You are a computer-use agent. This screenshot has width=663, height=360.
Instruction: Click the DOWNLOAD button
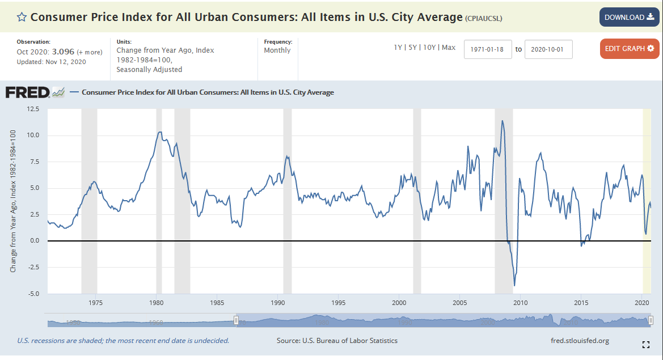pos(629,17)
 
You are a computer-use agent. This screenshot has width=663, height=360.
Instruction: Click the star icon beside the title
pos(22,17)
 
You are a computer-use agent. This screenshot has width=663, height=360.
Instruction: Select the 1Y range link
pos(398,48)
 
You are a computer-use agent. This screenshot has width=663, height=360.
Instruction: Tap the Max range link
pos(448,48)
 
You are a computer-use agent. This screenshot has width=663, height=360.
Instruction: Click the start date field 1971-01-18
pos(488,49)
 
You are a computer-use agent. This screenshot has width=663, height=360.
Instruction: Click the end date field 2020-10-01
pos(548,49)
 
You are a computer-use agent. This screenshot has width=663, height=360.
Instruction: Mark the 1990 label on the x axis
pos(277,303)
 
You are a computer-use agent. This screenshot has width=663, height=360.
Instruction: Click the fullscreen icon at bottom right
pos(645,344)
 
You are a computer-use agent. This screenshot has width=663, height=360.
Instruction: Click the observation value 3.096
pos(63,52)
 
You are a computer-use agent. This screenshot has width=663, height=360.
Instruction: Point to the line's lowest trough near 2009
pos(514,285)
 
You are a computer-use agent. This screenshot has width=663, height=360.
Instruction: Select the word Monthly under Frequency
pos(277,50)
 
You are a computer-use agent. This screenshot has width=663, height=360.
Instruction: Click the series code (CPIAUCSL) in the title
pos(483,18)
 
